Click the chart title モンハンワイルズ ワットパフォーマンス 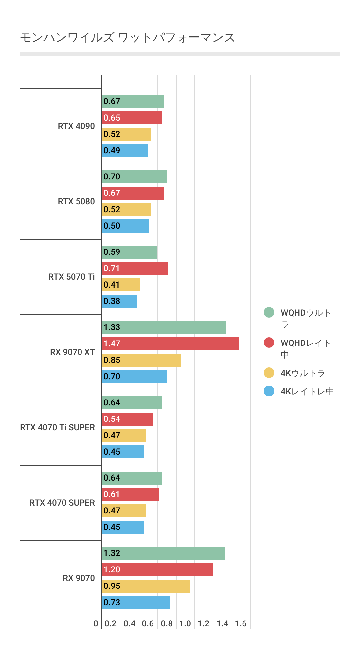[x=127, y=38]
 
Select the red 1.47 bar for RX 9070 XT [x=170, y=344]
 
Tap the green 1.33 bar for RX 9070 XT [x=164, y=327]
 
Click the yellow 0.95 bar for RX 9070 [x=146, y=586]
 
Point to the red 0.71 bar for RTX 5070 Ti [x=135, y=269]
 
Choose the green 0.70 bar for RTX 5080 [x=134, y=177]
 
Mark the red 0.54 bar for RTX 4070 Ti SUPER [x=127, y=419]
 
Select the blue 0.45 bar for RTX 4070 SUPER [x=123, y=527]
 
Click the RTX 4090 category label [x=76, y=126]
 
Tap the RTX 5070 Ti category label [x=71, y=277]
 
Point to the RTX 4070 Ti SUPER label [x=57, y=427]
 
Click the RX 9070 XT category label [x=72, y=352]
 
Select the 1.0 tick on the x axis [x=185, y=623]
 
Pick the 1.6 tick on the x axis [x=241, y=623]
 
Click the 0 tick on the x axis [x=96, y=623]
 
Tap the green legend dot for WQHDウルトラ [x=269, y=313]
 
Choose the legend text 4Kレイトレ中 [x=307, y=391]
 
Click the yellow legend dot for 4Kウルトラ [x=269, y=373]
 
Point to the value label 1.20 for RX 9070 [x=112, y=570]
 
